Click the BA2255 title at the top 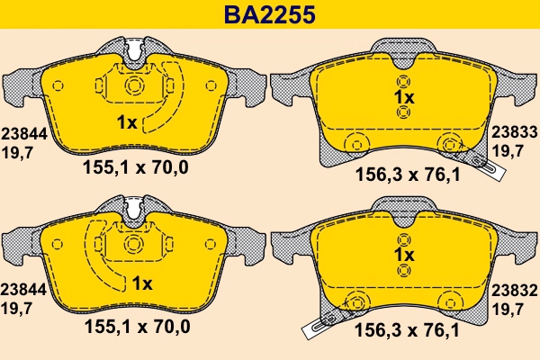(269, 14)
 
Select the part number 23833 (514, 131)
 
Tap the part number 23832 (514, 291)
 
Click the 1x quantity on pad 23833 (403, 96)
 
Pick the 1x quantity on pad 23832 (403, 256)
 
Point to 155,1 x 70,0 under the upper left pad (136, 166)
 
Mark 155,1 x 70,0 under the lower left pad (136, 326)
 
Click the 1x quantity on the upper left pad (127, 123)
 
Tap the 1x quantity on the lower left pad (143, 283)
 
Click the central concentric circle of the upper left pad (135, 85)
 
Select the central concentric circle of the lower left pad (135, 245)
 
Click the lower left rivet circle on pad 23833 (355, 142)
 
